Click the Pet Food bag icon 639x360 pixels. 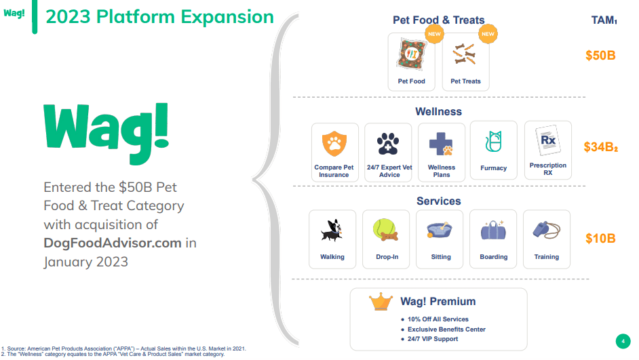click(411, 56)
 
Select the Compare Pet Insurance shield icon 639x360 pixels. click(334, 144)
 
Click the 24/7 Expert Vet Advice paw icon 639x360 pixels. click(388, 144)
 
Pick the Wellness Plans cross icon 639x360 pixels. click(441, 144)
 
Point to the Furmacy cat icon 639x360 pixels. click(493, 142)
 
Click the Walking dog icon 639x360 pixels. click(332, 231)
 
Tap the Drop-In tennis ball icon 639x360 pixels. click(385, 231)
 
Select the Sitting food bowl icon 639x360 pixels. click(440, 231)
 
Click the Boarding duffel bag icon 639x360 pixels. click(493, 231)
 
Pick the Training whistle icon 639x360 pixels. click(546, 231)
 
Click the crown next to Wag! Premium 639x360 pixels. click(381, 302)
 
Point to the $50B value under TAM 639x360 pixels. click(600, 55)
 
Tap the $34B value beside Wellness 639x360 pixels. click(600, 146)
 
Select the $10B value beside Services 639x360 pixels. click(600, 239)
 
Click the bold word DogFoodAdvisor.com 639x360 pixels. click(113, 243)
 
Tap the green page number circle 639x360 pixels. click(622, 340)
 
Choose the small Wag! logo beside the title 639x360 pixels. click(14, 14)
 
